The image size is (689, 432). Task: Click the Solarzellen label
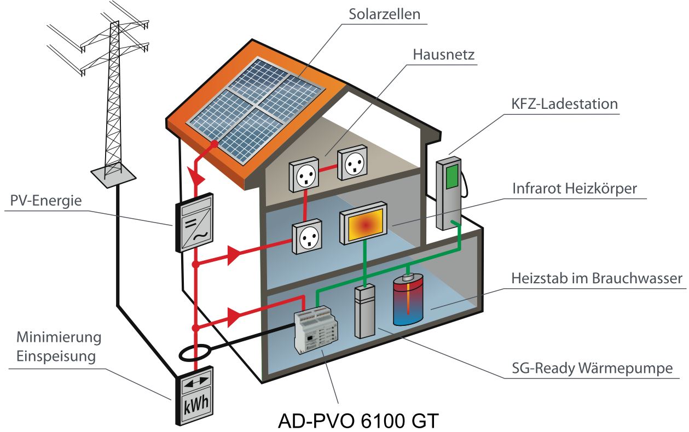[385, 14]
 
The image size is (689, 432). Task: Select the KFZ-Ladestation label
[565, 103]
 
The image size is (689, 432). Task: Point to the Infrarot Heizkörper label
[575, 188]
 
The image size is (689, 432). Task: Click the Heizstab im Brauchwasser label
[597, 278]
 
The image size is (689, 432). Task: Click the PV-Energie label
[46, 201]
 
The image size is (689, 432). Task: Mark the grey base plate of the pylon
[113, 174]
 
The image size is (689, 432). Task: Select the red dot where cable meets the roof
[215, 144]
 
